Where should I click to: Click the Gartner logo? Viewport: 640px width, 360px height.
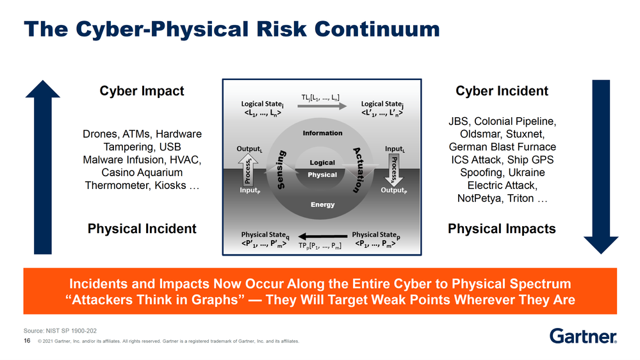[583, 336]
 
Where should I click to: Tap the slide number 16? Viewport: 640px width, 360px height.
[27, 341]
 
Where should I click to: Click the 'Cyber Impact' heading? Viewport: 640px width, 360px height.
[142, 91]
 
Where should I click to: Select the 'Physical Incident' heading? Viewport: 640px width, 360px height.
[142, 229]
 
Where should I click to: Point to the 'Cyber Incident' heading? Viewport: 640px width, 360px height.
[502, 91]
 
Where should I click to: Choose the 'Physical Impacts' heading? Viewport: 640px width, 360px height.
[502, 229]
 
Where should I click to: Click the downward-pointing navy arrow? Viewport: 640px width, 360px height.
[600, 167]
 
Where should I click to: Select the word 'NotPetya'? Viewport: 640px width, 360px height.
[479, 198]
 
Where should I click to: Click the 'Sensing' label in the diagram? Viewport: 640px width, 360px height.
[287, 170]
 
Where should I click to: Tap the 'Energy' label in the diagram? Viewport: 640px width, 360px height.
[322, 205]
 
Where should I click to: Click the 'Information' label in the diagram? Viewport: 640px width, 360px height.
[322, 133]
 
